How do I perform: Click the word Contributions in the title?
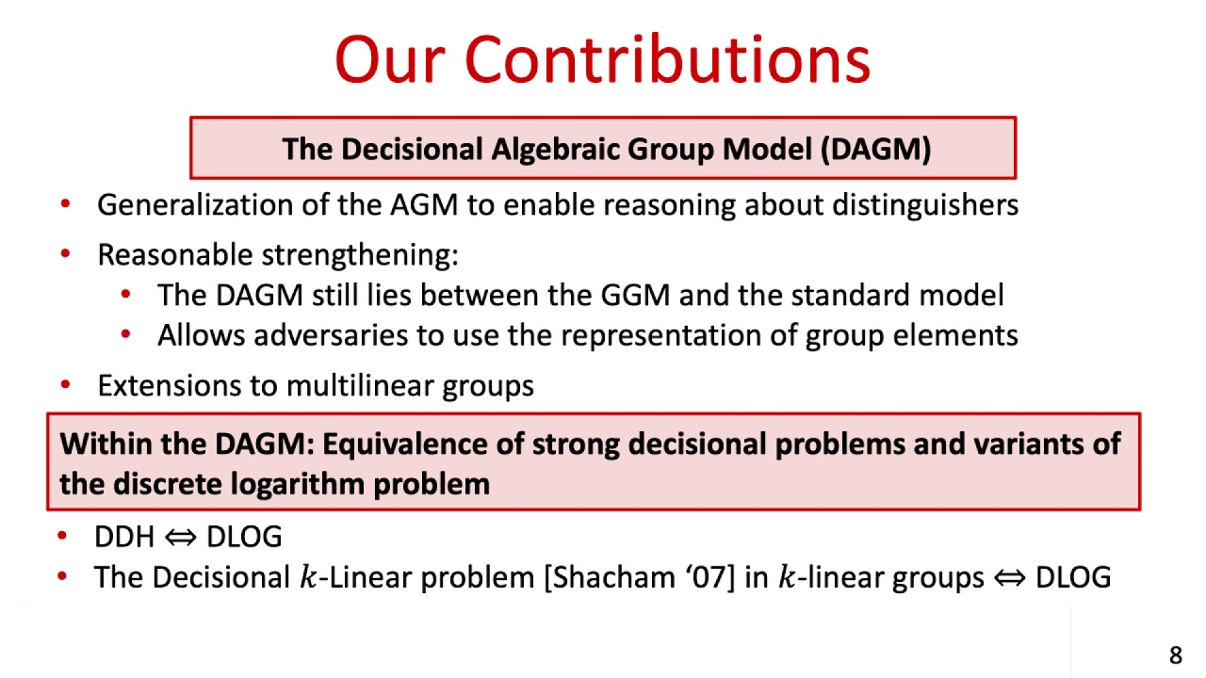click(x=667, y=59)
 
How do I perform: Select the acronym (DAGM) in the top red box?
click(x=875, y=149)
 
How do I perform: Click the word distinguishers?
click(x=924, y=205)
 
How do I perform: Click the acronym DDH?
click(x=123, y=537)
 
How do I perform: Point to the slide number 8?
click(x=1175, y=655)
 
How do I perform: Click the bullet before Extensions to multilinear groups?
click(x=64, y=385)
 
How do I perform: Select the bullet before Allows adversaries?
click(x=125, y=335)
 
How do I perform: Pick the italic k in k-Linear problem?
click(x=307, y=577)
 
